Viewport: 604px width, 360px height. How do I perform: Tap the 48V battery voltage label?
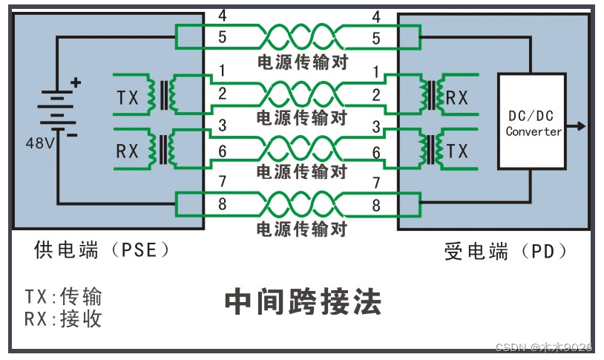39,143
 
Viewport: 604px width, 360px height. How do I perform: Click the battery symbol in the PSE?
57,111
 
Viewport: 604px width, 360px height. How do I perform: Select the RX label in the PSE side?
128,151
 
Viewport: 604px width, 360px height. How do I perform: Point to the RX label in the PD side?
457,97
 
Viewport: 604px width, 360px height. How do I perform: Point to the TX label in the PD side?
458,151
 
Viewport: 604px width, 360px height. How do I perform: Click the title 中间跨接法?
303,302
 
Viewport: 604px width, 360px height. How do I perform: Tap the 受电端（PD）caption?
507,252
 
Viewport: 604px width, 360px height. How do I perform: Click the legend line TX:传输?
63,298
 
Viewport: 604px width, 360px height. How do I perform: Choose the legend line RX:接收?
63,319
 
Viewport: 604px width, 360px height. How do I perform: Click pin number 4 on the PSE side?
222,16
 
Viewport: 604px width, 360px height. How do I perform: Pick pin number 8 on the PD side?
376,206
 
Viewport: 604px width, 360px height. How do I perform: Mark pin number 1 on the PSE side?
222,72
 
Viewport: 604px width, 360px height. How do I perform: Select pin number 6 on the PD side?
376,151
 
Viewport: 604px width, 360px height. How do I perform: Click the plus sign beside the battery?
76,83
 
